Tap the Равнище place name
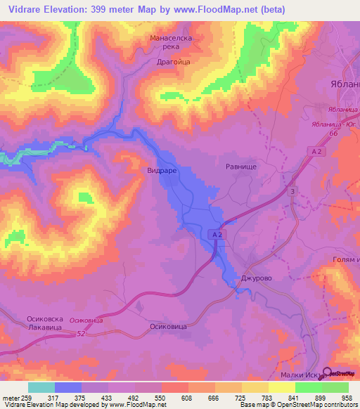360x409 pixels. coord(240,168)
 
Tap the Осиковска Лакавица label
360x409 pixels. coord(45,323)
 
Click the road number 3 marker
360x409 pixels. coord(292,191)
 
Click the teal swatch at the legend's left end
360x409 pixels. coord(41,387)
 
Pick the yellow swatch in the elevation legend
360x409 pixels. coord(255,387)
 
